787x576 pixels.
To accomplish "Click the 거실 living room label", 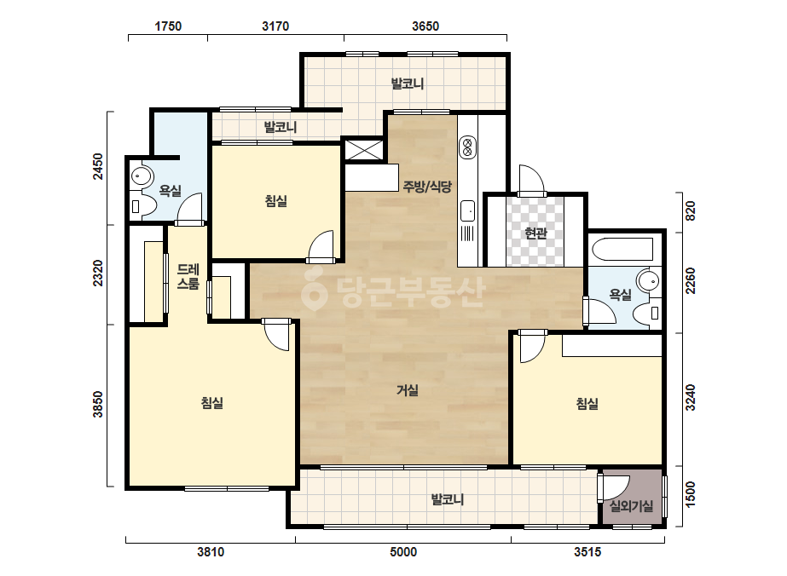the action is point(407,390).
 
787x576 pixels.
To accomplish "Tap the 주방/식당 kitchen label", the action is point(427,186).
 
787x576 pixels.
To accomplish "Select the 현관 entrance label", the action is point(535,233).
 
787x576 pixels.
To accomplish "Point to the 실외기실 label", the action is point(632,506).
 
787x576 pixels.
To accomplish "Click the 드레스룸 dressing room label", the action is point(188,276).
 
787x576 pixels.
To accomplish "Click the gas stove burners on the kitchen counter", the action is point(467,147).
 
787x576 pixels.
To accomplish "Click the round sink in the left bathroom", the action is point(141,176).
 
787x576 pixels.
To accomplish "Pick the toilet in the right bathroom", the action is point(647,314).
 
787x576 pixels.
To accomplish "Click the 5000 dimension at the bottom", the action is point(403,552).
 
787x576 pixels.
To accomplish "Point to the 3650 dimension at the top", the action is point(425,26).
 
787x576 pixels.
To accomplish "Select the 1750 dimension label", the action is point(168,26).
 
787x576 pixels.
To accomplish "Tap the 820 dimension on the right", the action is point(691,211).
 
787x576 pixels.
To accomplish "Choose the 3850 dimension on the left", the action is point(98,404).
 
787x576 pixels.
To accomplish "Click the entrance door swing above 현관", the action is point(530,180).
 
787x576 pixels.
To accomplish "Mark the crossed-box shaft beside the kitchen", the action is point(364,150).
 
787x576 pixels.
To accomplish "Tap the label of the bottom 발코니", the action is point(448,499).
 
